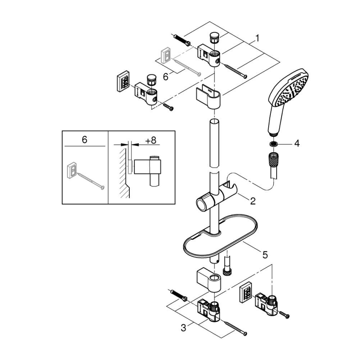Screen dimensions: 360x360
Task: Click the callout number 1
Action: [x=258, y=39]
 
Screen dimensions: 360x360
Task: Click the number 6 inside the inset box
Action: [x=85, y=140]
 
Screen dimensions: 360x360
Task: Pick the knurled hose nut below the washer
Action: [x=274, y=158]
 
